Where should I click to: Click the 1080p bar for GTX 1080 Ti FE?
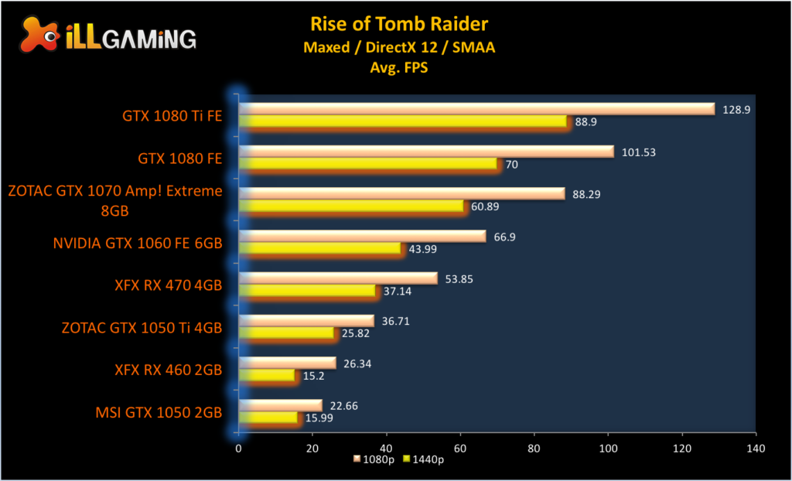coord(476,109)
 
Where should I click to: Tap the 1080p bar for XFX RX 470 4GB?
coord(338,278)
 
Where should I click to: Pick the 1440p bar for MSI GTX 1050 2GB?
coord(268,418)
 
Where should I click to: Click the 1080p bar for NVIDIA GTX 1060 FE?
coord(362,236)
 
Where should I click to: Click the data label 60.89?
coord(486,206)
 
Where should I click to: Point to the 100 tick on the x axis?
coord(608,448)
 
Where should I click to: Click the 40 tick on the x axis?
coord(387,448)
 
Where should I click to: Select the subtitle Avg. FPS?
coord(399,67)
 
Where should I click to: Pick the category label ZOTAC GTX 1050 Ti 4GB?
coord(142,328)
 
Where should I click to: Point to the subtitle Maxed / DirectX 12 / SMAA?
coord(399,48)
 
